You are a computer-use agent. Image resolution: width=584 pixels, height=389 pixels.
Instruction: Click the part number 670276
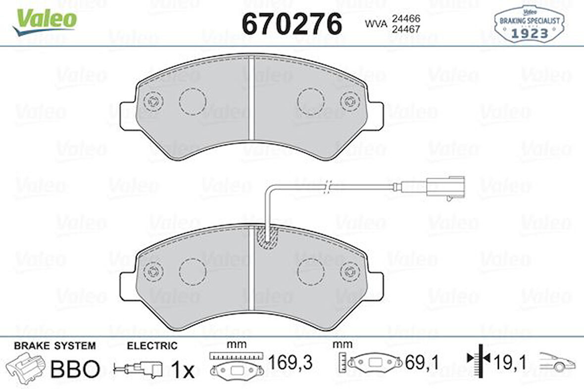coord(292,24)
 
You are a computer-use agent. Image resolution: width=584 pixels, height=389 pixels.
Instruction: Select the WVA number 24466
coord(406,19)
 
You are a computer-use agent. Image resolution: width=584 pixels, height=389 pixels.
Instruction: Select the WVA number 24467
coord(406,29)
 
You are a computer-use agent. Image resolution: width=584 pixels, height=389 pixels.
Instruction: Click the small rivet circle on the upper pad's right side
coord(348,101)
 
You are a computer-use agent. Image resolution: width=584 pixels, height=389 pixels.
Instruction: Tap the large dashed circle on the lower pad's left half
coord(192,271)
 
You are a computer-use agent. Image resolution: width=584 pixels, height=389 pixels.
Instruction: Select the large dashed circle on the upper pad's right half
coord(311,101)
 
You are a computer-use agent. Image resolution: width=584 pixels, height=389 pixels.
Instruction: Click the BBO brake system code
coord(76,368)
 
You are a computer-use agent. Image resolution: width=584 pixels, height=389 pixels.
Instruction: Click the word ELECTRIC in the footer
coord(152,346)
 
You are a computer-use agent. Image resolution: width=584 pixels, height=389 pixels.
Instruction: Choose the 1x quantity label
coord(182,370)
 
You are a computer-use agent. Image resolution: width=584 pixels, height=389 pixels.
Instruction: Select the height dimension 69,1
coord(421,363)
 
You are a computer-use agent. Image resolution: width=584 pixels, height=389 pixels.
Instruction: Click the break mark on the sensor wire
coord(327,187)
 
